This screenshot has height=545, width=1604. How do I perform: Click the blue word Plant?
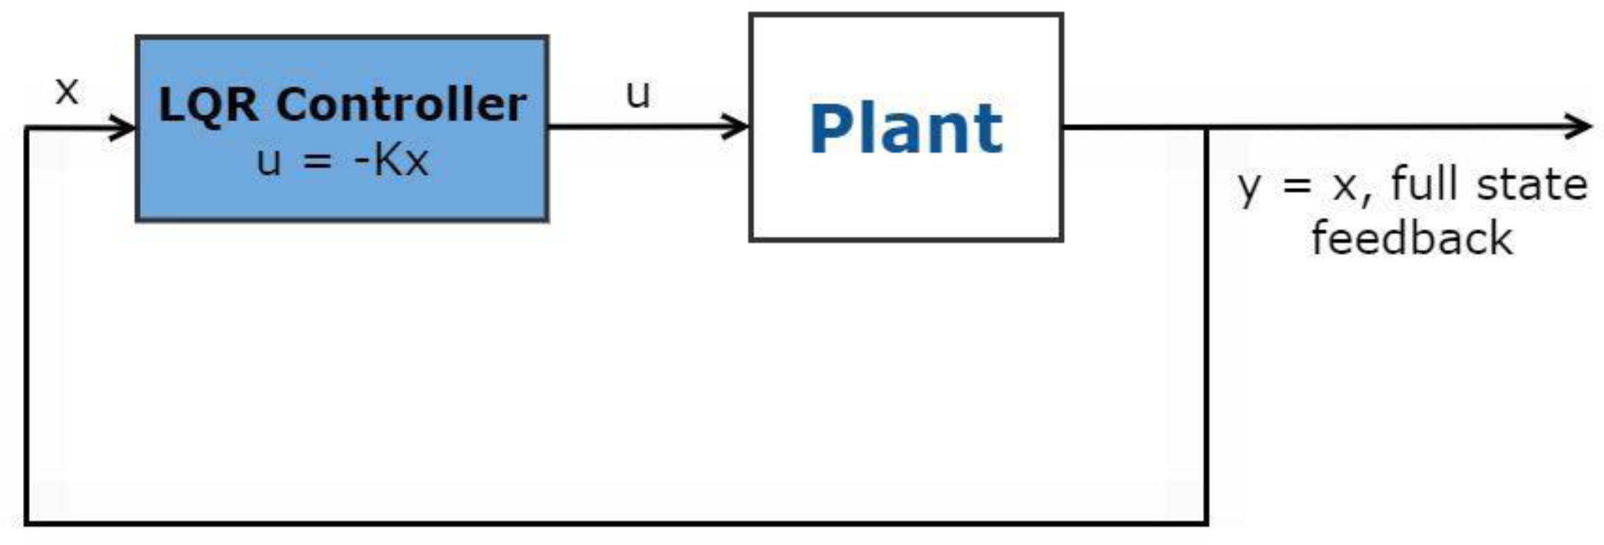[906, 129]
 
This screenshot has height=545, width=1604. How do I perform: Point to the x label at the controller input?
[67, 91]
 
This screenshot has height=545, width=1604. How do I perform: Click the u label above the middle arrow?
[638, 94]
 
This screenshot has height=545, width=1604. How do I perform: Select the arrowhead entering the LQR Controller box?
[125, 128]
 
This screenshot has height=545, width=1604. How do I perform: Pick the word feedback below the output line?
[1412, 239]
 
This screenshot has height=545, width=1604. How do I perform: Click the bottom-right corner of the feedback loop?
[1206, 522]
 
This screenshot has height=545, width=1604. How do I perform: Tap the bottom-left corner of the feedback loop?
[26, 522]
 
